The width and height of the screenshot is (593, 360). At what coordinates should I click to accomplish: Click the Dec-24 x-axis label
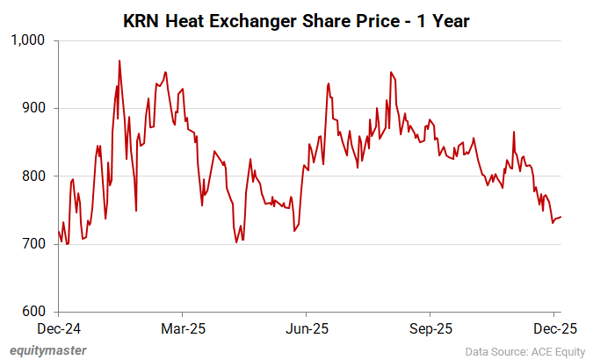click(x=58, y=328)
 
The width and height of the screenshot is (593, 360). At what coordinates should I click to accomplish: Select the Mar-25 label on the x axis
click(x=182, y=328)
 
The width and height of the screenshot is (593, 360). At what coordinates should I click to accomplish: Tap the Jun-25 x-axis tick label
click(x=307, y=328)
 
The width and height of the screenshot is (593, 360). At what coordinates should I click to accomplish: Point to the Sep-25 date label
click(x=430, y=328)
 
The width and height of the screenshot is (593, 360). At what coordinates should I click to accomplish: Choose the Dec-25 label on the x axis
click(x=554, y=328)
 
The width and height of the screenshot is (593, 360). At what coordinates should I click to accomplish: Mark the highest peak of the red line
click(x=119, y=61)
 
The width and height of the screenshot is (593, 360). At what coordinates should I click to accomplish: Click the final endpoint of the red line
click(x=561, y=217)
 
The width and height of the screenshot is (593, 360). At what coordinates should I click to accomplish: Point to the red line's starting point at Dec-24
click(x=58, y=231)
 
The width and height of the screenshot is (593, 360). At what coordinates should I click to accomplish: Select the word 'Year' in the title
click(x=450, y=19)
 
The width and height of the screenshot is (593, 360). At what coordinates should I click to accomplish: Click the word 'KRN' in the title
click(x=142, y=19)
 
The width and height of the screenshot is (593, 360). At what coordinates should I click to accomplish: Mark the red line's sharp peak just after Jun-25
click(x=328, y=83)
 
